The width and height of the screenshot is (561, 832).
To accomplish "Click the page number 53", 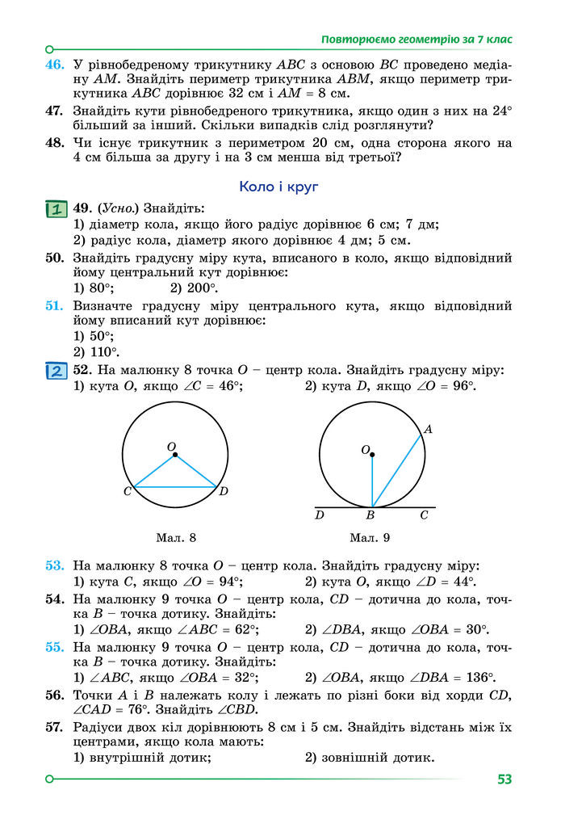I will (x=505, y=779).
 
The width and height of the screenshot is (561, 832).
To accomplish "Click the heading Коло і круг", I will (x=279, y=187).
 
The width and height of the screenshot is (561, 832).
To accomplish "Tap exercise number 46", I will (x=54, y=64).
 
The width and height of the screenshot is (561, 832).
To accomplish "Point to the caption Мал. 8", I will (x=175, y=537).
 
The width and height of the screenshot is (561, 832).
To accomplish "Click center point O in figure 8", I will (x=175, y=456).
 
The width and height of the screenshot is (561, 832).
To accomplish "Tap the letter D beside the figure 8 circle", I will (x=224, y=492).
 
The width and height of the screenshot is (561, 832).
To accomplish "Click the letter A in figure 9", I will (x=428, y=430).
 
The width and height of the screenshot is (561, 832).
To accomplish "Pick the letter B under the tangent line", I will (x=371, y=515).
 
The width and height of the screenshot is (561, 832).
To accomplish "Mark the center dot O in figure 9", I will (x=372, y=454).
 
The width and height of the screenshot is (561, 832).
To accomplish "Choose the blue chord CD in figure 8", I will (x=175, y=487).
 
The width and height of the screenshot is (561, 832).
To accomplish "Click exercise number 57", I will (x=54, y=727).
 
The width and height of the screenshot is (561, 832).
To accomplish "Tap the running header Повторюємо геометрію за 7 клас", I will (x=417, y=39).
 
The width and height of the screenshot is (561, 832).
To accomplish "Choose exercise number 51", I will (x=54, y=306).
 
